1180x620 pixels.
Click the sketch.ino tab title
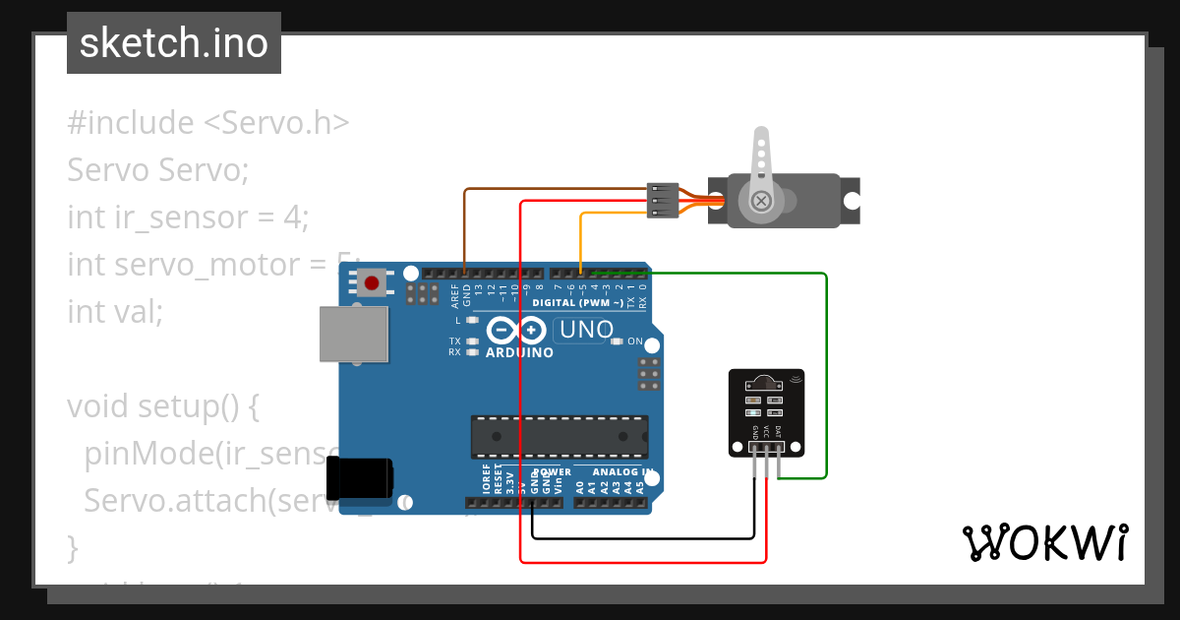point(174,43)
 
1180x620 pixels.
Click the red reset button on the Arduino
point(372,283)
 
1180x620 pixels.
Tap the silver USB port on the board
point(354,334)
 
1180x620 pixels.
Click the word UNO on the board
point(586,330)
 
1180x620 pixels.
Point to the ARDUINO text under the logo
point(519,352)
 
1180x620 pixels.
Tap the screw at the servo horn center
point(760,202)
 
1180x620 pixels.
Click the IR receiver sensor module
point(766,413)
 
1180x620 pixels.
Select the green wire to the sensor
point(826,374)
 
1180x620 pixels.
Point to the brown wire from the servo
point(551,189)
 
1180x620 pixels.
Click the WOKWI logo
point(1044,542)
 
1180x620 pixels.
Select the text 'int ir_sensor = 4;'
point(188,217)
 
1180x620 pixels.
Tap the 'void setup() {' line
point(162,405)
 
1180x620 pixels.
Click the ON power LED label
point(634,341)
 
